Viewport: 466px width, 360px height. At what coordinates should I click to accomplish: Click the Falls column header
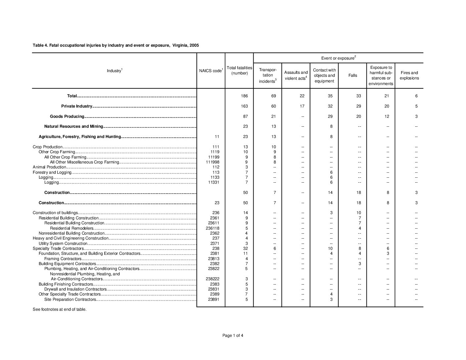click(352, 75)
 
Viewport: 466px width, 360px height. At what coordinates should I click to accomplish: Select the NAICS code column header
click(211, 71)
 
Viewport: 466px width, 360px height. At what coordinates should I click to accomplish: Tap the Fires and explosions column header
click(409, 75)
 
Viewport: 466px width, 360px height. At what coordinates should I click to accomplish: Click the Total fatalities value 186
click(245, 96)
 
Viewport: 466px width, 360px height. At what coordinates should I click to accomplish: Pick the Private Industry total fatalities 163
click(245, 106)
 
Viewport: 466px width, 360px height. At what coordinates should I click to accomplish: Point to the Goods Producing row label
click(67, 116)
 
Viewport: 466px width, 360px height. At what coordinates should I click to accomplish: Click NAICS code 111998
click(212, 162)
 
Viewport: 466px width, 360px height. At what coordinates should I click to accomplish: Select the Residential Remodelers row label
click(71, 228)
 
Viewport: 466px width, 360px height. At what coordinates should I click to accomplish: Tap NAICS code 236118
click(212, 228)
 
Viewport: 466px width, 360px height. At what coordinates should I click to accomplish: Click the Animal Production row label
click(49, 167)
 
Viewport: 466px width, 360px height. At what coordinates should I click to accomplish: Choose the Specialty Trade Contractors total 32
click(245, 248)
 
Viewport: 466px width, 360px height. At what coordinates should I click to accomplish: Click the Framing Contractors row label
click(63, 259)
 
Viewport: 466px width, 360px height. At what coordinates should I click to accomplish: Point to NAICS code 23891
click(214, 299)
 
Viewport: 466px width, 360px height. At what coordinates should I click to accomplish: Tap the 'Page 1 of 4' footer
click(233, 336)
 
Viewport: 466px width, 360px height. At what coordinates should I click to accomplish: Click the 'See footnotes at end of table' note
click(60, 309)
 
